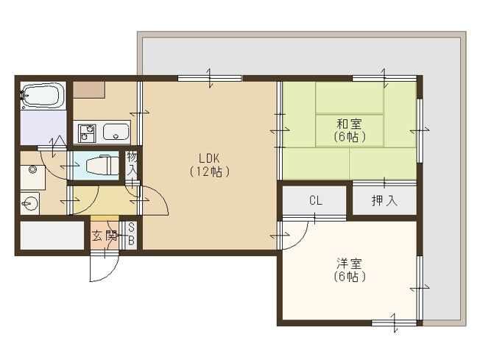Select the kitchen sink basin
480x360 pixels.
click(116, 133)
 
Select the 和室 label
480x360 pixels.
click(349, 123)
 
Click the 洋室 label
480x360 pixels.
click(349, 264)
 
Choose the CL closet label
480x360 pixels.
click(315, 200)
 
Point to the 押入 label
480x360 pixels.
click(383, 200)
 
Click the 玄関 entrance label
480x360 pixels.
click(105, 236)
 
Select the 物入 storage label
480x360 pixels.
click(132, 163)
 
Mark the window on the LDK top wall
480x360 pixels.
click(210, 78)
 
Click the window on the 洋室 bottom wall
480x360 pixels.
click(392, 322)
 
